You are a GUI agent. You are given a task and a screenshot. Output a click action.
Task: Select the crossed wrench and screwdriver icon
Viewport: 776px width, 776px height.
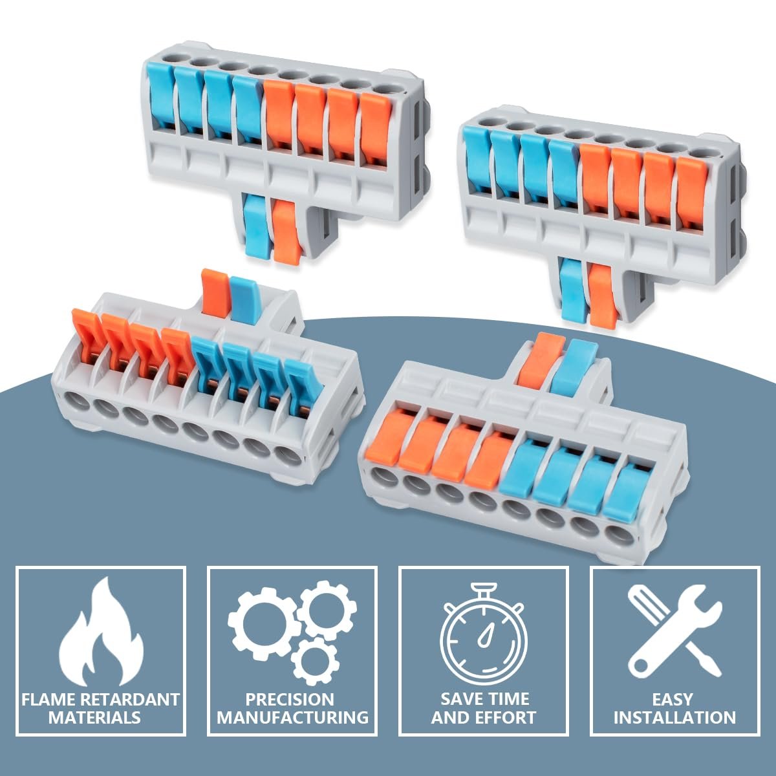(675, 632)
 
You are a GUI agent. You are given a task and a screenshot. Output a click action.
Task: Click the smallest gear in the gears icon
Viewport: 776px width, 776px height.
(315, 662)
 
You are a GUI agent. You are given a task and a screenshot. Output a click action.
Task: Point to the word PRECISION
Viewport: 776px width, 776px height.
(290, 700)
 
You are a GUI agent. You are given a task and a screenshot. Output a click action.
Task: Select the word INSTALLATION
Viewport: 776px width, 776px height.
(675, 718)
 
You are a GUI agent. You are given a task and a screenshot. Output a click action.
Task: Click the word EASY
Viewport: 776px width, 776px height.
(673, 700)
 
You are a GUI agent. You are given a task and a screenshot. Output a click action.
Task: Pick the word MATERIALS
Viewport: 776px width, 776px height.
(94, 718)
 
